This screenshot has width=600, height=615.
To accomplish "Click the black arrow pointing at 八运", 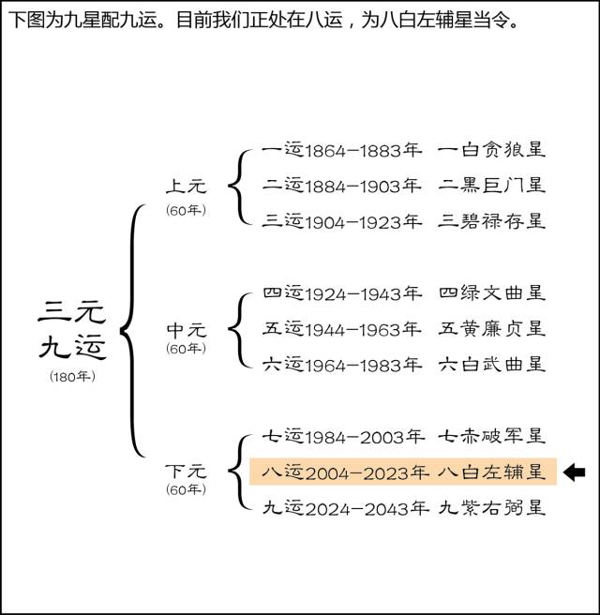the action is [x=574, y=472].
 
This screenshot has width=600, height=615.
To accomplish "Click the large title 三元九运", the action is [x=72, y=329].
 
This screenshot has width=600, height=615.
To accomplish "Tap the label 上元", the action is [x=186, y=187].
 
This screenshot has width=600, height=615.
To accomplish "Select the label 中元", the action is [x=186, y=330].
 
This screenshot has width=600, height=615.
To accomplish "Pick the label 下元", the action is [x=186, y=471].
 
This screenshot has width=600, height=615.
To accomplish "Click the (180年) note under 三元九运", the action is [x=72, y=376].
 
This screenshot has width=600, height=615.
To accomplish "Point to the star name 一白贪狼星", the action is [x=491, y=150].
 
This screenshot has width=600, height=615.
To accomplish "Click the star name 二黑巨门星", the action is [x=491, y=185].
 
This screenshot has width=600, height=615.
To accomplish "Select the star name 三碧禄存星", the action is [x=491, y=221].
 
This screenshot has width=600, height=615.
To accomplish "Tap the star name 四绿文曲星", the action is [x=491, y=294].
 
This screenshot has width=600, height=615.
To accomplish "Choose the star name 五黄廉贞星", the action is [x=491, y=329].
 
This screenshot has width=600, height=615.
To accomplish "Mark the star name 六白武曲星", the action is [x=491, y=365].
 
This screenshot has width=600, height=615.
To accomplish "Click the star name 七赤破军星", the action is [x=491, y=436].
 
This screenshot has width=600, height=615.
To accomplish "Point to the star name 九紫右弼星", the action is [x=491, y=508].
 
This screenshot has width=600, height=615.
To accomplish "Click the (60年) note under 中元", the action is [x=186, y=349].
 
